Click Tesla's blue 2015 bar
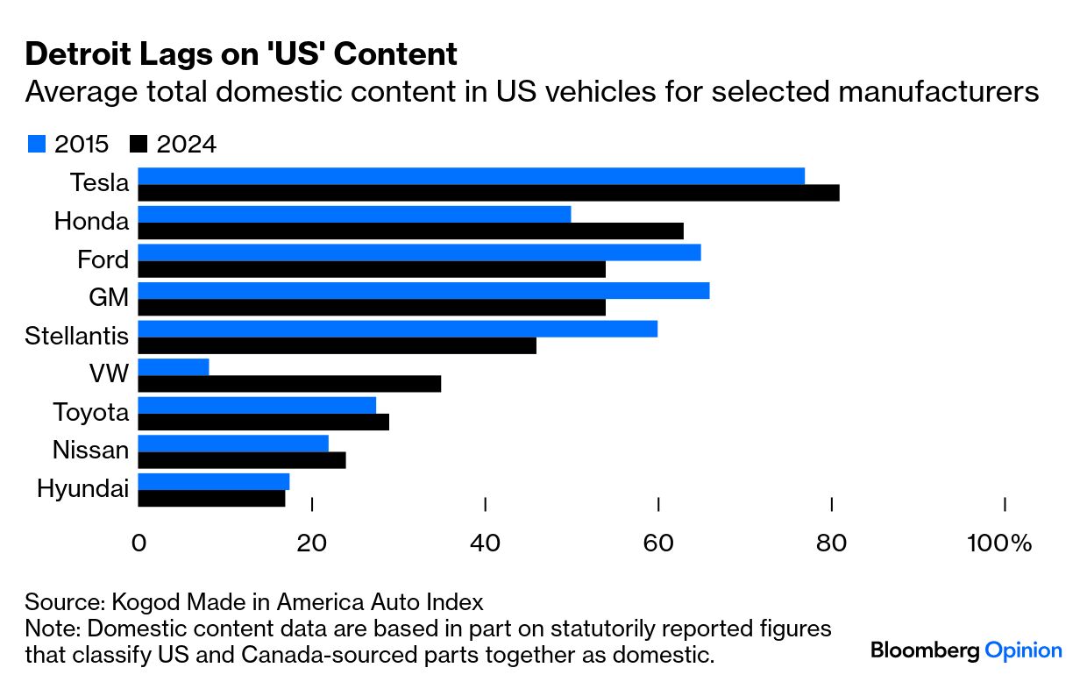click(x=471, y=176)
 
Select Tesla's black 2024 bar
click(x=488, y=193)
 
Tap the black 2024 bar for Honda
click(x=410, y=231)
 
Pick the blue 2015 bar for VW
click(x=174, y=367)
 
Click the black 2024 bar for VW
click(x=289, y=384)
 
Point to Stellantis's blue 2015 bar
click(x=397, y=329)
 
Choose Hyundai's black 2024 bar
click(x=211, y=499)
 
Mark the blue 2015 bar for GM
click(x=423, y=291)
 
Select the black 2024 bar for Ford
click(x=372, y=269)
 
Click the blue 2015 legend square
click(x=36, y=144)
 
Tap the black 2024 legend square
click(x=139, y=144)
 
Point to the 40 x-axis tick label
click(x=485, y=543)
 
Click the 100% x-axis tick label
click(x=999, y=543)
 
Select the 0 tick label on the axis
click(x=139, y=543)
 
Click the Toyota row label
click(x=91, y=412)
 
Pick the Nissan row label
click(x=91, y=451)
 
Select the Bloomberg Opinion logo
click(x=966, y=650)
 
